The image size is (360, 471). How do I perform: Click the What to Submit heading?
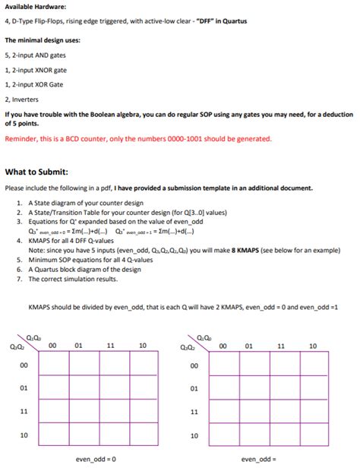click(x=36, y=170)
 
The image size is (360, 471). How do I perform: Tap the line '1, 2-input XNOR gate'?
click(x=36, y=70)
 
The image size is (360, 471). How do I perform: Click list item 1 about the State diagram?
click(x=85, y=204)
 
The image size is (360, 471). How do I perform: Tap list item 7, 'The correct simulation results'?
click(x=73, y=279)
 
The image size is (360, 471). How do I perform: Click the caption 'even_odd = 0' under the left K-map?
click(x=96, y=459)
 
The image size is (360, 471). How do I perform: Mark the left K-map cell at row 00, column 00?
click(x=53, y=365)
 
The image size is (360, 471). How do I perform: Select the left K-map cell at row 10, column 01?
click(x=80, y=437)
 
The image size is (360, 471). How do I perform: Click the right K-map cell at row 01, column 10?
click(x=312, y=389)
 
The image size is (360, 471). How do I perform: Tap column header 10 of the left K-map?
click(x=141, y=346)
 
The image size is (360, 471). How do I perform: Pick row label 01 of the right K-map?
click(x=194, y=389)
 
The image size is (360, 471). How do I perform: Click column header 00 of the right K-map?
click(x=223, y=346)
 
